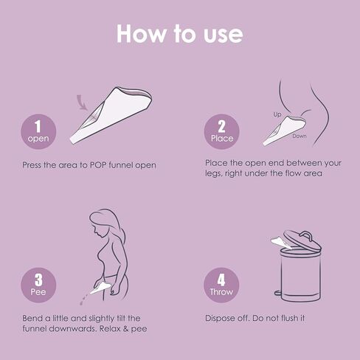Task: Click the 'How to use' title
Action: (x=179, y=34)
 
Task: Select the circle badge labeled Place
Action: (x=221, y=131)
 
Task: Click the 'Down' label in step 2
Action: (x=299, y=136)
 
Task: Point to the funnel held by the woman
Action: (x=104, y=281)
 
